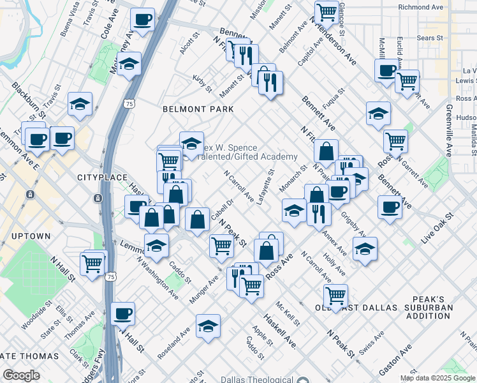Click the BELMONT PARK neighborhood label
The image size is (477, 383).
pos(191,109)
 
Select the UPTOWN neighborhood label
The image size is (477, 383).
pos(31,236)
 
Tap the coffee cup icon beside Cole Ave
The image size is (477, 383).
pos(143,19)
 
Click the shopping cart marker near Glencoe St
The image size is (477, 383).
pos(327,11)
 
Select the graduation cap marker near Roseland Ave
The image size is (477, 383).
pos(208,326)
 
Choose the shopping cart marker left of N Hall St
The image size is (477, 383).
pos(93,262)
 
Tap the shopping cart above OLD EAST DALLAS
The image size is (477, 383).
pos(335,295)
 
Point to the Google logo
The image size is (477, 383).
pos(21,375)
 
